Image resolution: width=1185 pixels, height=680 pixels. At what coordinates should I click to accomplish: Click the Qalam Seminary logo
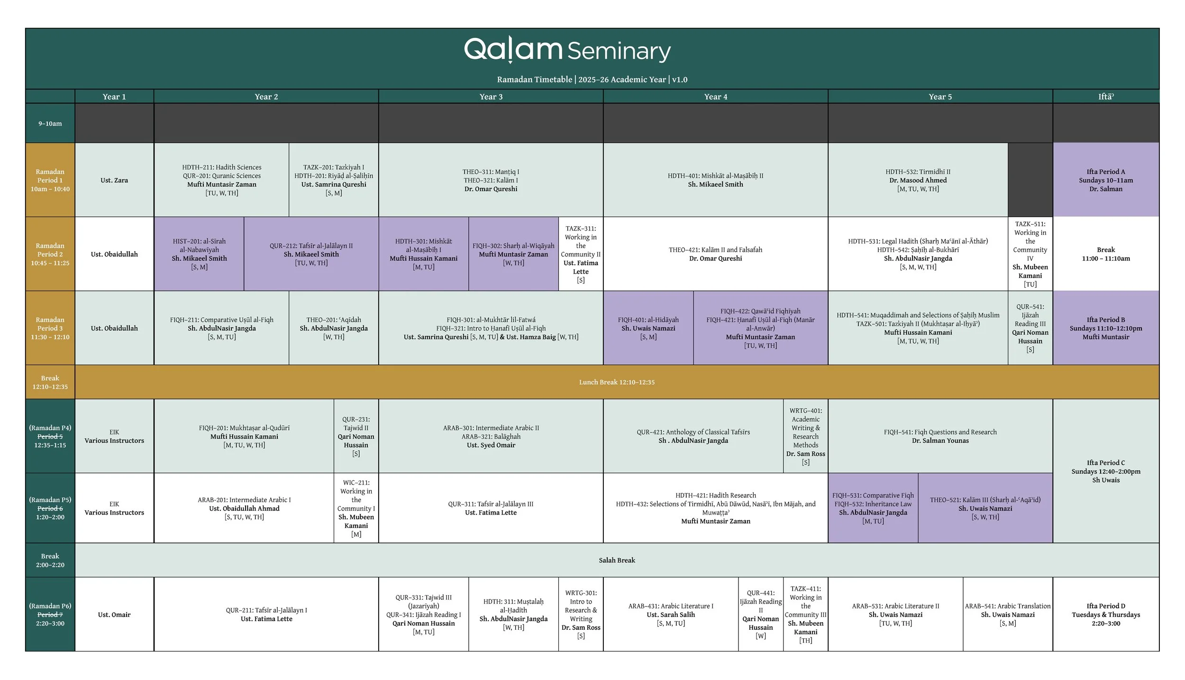click(567, 50)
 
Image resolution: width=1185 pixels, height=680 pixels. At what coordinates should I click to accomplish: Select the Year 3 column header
click(491, 97)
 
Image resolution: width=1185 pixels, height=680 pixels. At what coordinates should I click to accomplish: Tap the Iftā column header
click(1105, 97)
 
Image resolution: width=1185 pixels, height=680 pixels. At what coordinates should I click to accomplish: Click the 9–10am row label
click(50, 124)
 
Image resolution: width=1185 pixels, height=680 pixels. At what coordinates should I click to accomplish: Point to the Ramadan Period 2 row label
click(50, 254)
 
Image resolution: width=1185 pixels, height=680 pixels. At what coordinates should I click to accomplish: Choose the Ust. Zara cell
click(114, 180)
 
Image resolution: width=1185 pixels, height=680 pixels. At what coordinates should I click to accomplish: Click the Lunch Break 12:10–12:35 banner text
click(616, 382)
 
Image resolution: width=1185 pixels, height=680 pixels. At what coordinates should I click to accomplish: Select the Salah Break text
click(616, 560)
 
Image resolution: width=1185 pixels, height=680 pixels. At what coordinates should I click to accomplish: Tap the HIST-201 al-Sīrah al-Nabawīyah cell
click(199, 254)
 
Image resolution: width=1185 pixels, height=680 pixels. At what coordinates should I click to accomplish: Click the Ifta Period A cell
click(1105, 180)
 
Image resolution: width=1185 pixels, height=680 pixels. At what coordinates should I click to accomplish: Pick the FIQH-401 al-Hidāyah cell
click(648, 328)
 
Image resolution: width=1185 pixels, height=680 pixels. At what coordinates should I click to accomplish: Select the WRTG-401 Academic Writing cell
click(805, 436)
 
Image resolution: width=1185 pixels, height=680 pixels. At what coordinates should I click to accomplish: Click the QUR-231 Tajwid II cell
click(356, 436)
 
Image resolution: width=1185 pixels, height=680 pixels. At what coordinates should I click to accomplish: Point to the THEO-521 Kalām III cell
click(985, 508)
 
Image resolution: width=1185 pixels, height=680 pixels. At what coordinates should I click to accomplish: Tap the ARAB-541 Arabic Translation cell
click(1008, 615)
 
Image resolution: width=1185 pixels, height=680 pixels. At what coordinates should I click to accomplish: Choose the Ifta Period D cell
click(1105, 615)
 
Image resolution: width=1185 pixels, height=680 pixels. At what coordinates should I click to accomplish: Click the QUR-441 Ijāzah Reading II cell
click(760, 615)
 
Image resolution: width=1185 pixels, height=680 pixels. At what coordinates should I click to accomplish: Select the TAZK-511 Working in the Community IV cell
click(1030, 254)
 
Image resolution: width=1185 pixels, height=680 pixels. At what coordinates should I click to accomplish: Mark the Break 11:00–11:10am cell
click(1105, 254)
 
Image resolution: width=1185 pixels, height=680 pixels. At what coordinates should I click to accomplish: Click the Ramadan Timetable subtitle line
click(592, 80)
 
